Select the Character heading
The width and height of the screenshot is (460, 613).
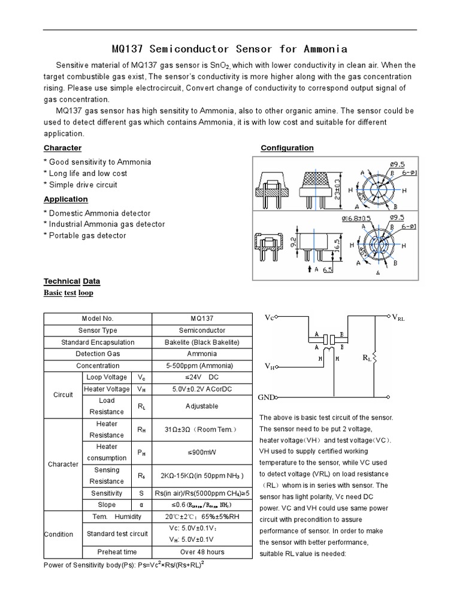62,148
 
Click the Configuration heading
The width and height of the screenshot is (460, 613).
287,148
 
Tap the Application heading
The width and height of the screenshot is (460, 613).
66,199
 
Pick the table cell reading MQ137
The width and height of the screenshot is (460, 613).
202,318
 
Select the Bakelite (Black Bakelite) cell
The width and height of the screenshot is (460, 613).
202,342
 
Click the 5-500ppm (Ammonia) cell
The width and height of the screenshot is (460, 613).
202,365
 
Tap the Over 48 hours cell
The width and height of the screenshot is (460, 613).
202,551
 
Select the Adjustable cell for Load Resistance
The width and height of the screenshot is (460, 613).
202,406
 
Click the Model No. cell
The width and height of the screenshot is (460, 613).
98,318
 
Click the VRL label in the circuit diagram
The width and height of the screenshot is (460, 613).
398,318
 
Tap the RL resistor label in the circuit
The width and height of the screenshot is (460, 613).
366,357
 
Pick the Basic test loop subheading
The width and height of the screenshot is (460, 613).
68,293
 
